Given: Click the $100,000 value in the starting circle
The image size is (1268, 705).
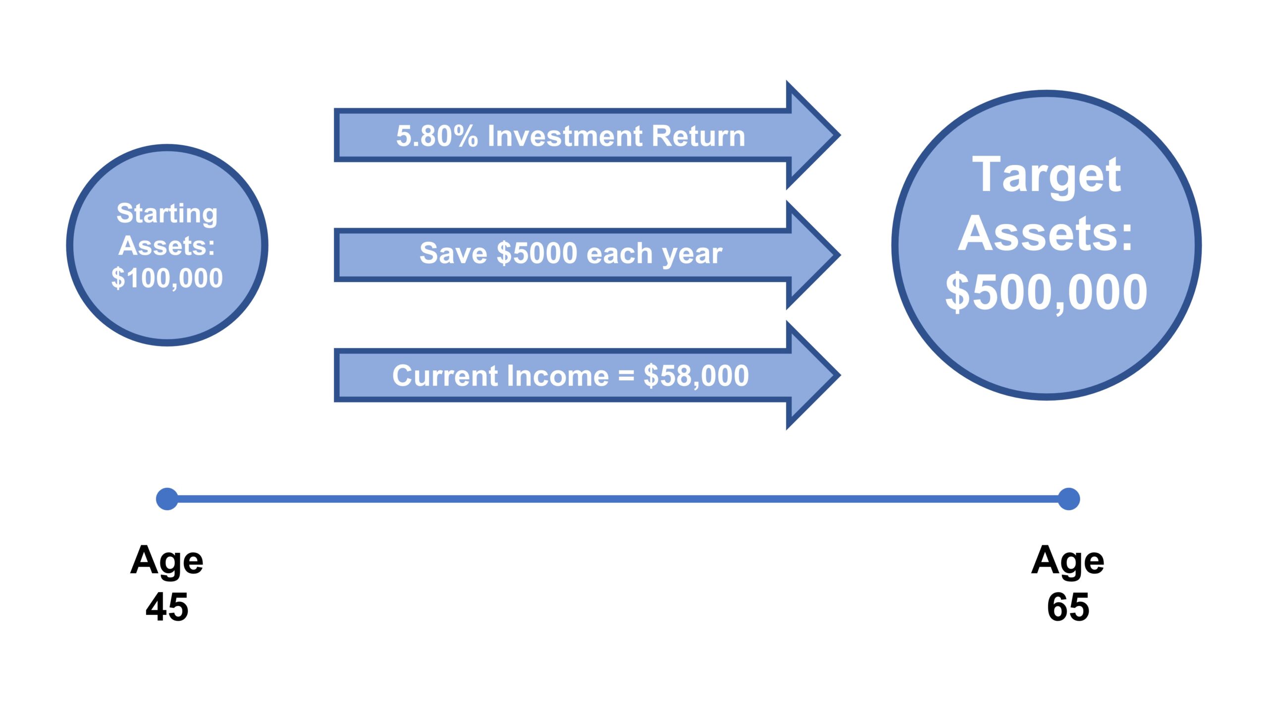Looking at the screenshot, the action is [x=167, y=278].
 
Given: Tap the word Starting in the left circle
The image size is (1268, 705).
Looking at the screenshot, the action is [x=167, y=214].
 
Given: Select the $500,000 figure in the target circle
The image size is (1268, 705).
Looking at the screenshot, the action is [x=1046, y=293].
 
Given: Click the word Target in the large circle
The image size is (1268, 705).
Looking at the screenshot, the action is [x=1047, y=176].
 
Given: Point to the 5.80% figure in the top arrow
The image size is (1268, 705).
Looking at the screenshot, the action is [x=437, y=136].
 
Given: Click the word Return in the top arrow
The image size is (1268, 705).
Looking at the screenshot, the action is [x=698, y=136].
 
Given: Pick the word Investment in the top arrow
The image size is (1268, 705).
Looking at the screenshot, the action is [x=565, y=136].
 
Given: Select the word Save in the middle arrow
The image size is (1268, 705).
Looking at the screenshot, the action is [x=453, y=253].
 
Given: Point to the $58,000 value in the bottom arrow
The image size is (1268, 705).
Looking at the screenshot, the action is [x=696, y=376].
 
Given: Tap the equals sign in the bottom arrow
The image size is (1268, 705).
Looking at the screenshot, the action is [x=626, y=376].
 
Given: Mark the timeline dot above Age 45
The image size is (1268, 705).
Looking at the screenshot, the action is [x=167, y=499].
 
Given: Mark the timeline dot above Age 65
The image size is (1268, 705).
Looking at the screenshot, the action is [x=1068, y=499].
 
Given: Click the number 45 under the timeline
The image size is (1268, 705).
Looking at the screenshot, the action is [x=167, y=607].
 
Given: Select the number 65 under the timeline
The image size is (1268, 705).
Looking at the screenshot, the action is [x=1068, y=607].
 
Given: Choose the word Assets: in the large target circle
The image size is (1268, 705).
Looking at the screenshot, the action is [x=1046, y=234].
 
